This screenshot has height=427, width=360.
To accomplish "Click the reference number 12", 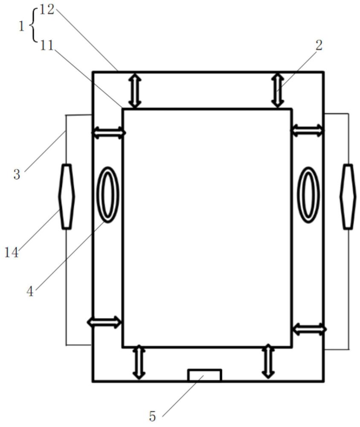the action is [47, 10].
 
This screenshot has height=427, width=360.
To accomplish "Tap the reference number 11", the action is [47, 46].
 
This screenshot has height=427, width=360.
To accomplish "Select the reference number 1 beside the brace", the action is [21, 26].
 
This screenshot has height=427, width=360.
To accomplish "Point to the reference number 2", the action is [319, 45].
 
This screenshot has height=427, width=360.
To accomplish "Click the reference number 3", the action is [17, 174].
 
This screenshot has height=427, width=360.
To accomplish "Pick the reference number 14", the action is [12, 252].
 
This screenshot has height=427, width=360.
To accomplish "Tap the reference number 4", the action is [30, 292].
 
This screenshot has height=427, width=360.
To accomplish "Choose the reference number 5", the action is [152, 416].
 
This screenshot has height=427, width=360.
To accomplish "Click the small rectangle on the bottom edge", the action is [205, 375].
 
